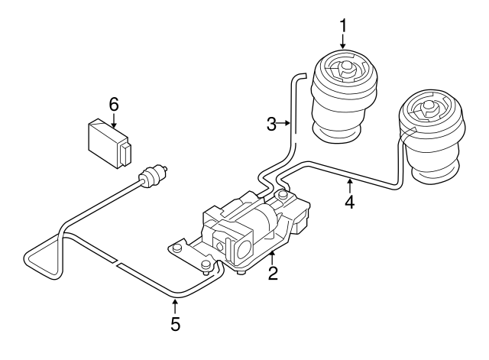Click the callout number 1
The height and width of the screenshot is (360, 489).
(x=343, y=24)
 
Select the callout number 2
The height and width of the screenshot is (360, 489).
(x=272, y=272)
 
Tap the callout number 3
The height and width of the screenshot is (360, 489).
(x=272, y=122)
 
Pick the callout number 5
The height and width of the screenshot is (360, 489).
(x=175, y=323)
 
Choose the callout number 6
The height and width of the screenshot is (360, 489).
(x=114, y=102)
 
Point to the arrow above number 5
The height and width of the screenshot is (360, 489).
(x=175, y=304)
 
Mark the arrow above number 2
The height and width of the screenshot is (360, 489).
(x=272, y=254)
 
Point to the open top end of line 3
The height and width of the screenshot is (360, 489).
(x=300, y=75)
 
